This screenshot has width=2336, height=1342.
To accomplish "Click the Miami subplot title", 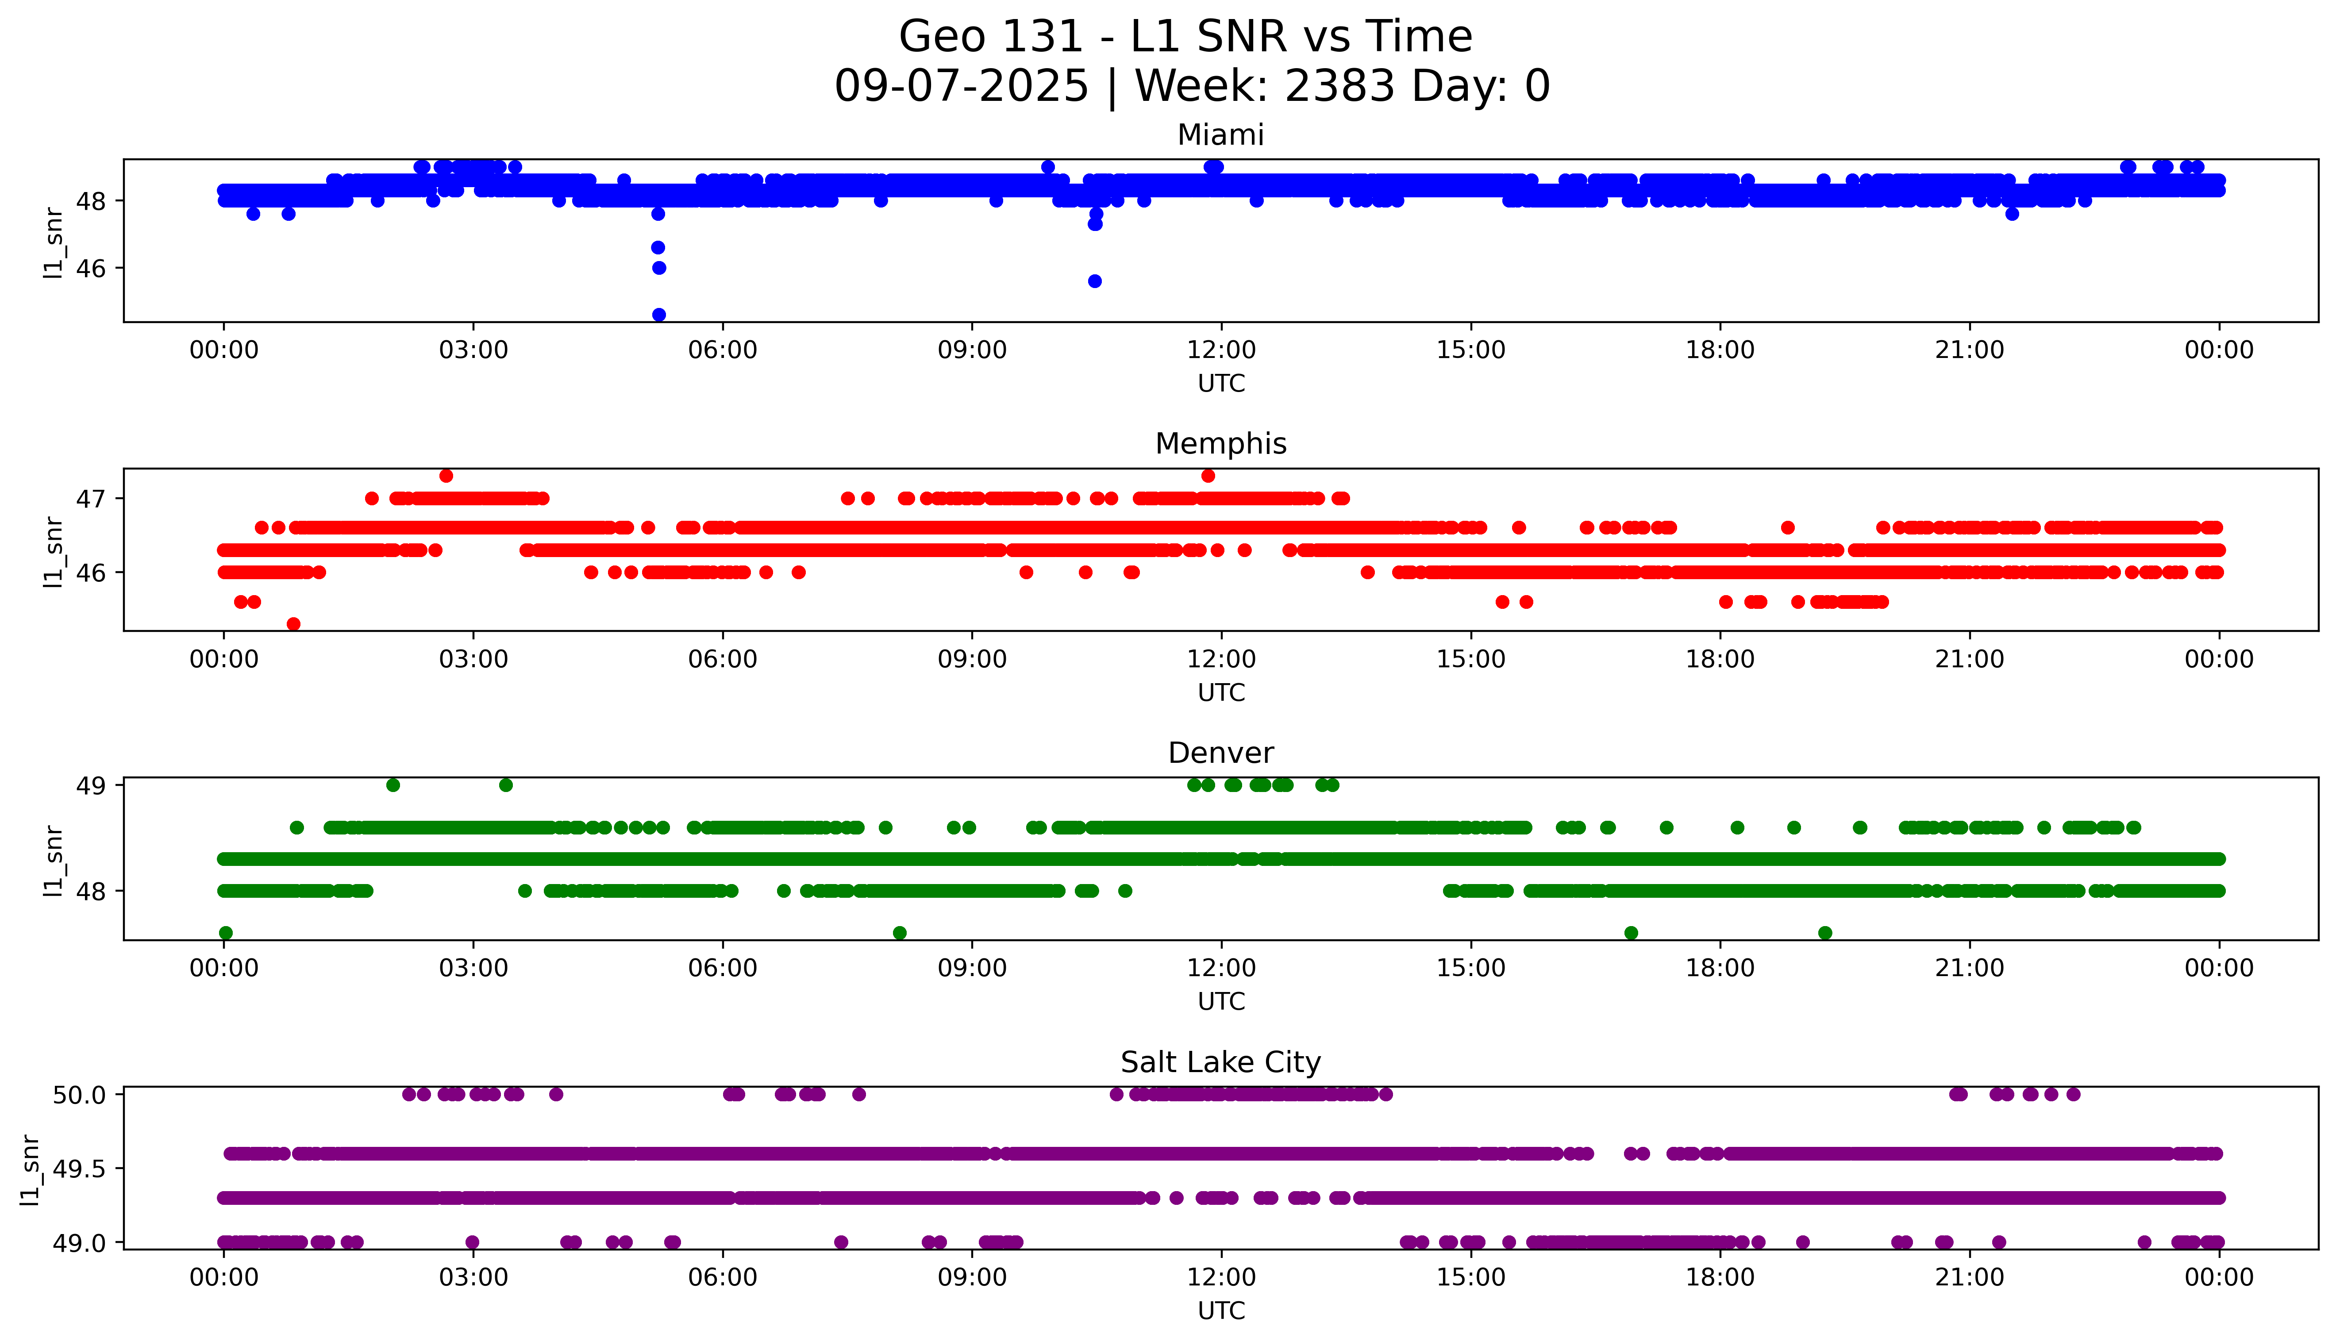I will point(1220,135).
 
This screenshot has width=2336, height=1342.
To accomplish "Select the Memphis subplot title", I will point(1220,444).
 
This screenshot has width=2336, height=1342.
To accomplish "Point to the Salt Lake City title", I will point(1220,1063).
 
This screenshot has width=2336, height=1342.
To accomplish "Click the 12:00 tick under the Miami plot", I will point(1221,350).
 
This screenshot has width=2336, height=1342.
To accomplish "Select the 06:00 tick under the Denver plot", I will point(723,969).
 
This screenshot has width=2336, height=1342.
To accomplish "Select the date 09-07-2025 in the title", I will point(961,87).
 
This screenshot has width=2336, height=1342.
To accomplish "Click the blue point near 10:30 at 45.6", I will point(1095,281).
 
